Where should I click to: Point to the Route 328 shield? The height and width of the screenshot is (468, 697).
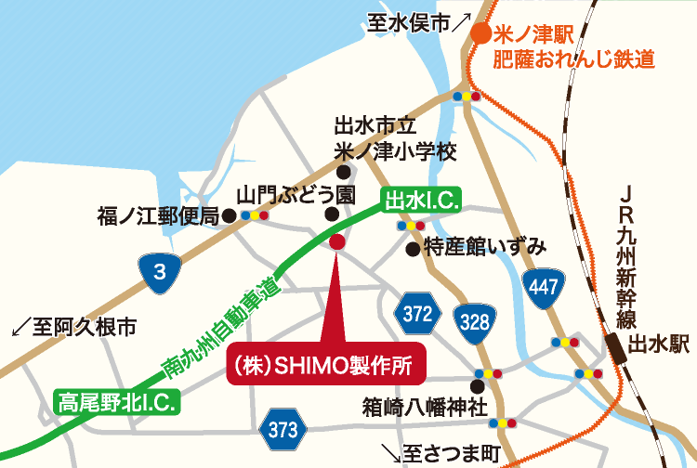[473, 321]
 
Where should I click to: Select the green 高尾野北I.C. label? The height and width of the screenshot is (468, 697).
[117, 402]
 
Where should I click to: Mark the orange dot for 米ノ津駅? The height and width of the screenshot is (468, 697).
[480, 34]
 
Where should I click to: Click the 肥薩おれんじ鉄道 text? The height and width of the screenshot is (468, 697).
[573, 60]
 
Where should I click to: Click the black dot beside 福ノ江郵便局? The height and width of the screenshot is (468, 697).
[229, 215]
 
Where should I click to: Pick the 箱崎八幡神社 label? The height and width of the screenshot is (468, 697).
[425, 406]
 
